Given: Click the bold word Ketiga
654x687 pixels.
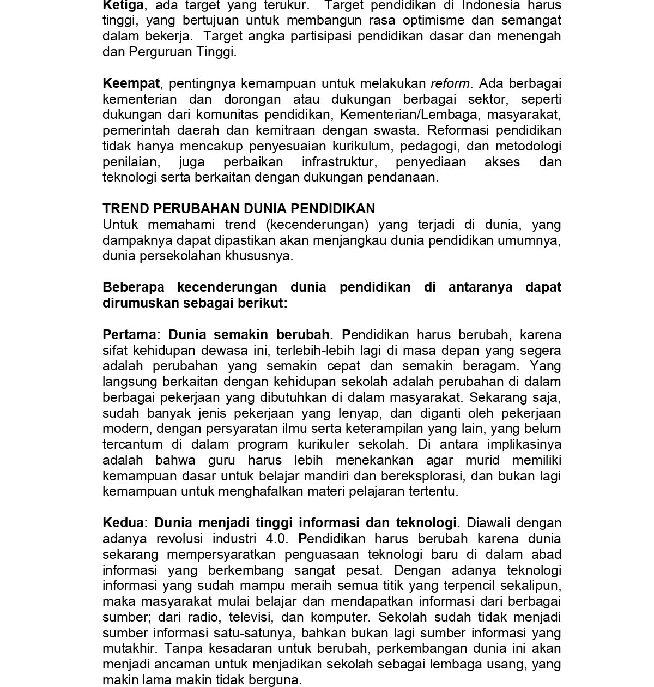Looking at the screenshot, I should click(123, 5).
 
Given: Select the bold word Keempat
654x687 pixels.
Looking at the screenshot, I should click(131, 83).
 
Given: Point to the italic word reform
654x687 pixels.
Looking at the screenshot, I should click(450, 83).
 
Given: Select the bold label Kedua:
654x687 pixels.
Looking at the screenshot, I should click(125, 523).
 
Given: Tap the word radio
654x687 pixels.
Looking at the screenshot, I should click(204, 617).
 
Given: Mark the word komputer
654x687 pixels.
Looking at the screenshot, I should click(339, 618).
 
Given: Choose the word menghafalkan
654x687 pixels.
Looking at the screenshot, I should click(260, 491).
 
